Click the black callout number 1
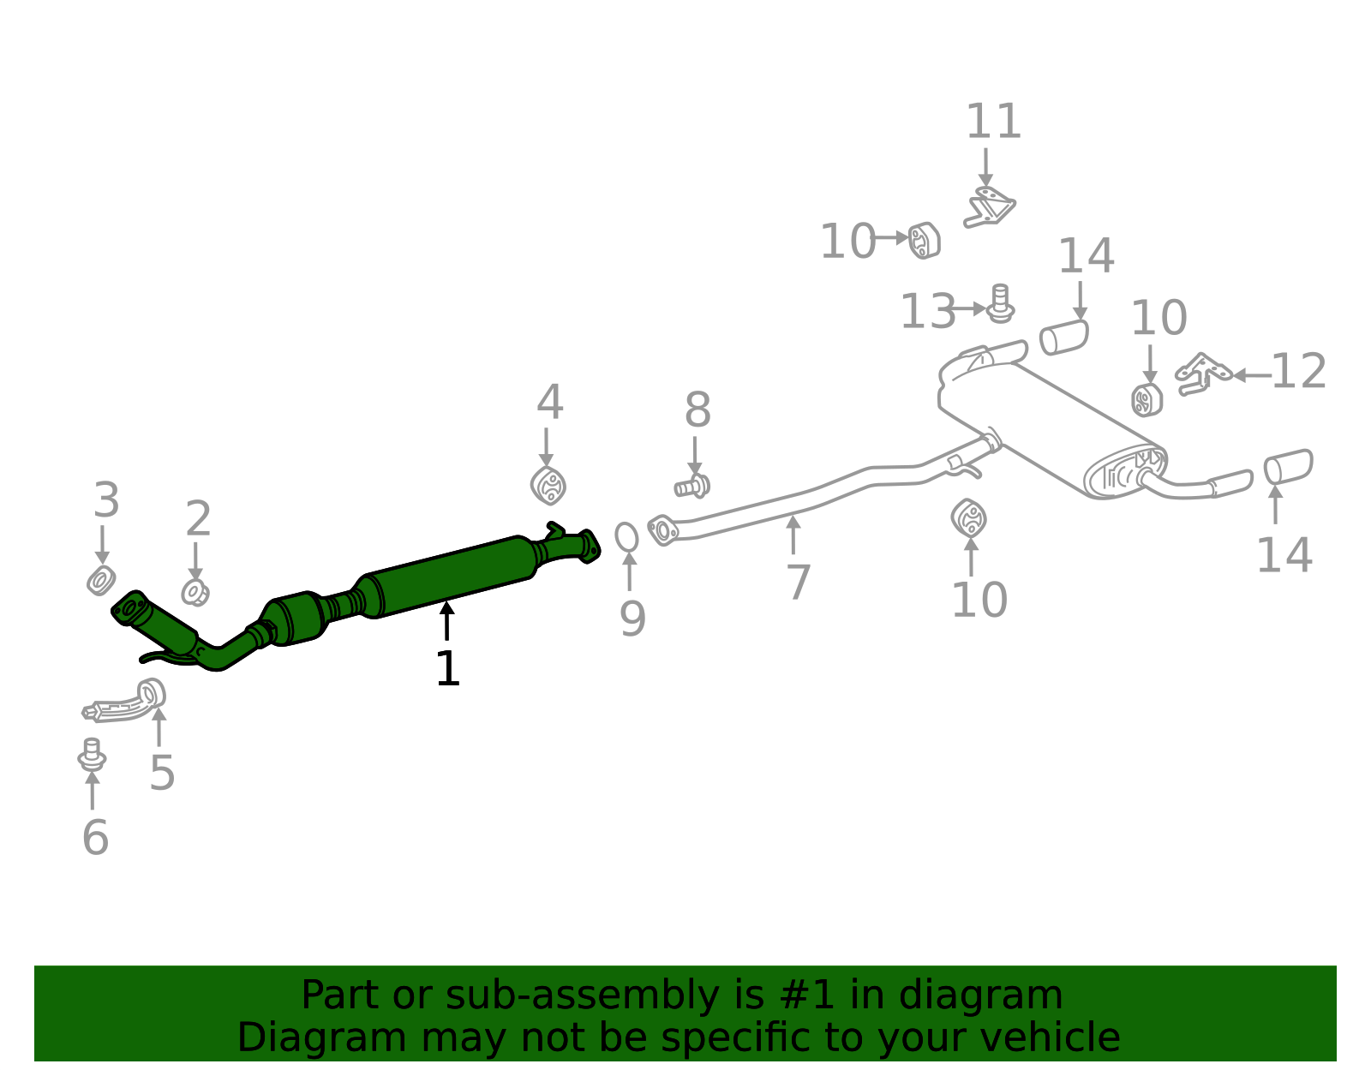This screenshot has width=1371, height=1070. [447, 669]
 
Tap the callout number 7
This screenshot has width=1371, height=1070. [798, 583]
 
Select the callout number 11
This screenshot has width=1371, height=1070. [993, 122]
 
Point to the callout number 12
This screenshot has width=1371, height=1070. [1298, 372]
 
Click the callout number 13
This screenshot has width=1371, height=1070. [927, 311]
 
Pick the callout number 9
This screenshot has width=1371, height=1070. [632, 619]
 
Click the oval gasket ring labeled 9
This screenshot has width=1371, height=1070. [626, 537]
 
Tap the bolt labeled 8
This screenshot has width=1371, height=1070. [692, 487]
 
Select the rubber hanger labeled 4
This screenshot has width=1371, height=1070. [548, 485]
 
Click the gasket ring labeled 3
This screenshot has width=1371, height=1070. [101, 581]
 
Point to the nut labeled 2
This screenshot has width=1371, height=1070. [195, 592]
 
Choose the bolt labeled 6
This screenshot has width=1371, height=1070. [92, 754]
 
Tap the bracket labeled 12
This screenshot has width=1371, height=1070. [1202, 374]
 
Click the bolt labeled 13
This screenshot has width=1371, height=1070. [1000, 304]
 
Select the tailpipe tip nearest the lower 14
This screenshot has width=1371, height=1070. [1288, 466]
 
